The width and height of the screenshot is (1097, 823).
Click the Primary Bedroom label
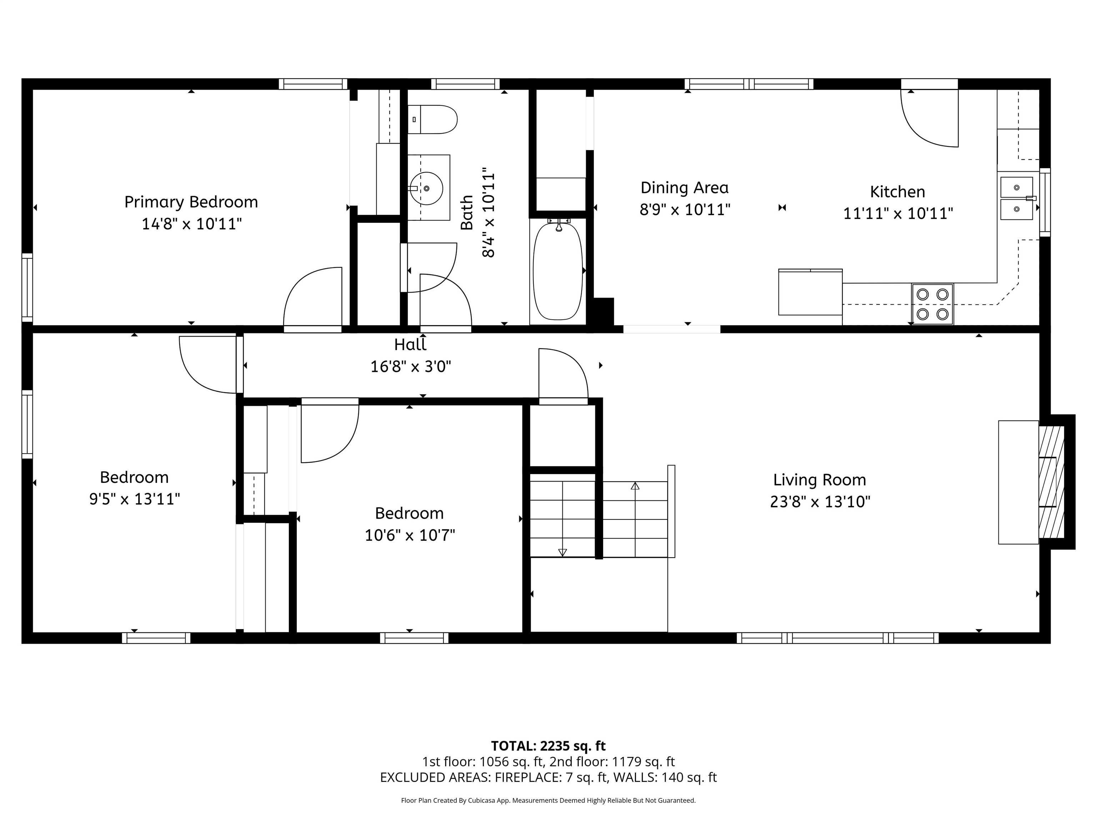click(x=191, y=202)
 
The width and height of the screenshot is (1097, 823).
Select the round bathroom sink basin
click(x=426, y=189)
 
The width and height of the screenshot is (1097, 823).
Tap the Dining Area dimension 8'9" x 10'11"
click(x=685, y=210)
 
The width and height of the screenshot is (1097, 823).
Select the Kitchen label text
click(x=898, y=191)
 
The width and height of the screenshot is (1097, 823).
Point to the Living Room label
click(x=819, y=480)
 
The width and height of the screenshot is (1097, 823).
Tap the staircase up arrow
click(x=635, y=486)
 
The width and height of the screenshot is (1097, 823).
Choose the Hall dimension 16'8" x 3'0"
click(x=411, y=366)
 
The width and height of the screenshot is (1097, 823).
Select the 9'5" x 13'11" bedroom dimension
click(x=134, y=499)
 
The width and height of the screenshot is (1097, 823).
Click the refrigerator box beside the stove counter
click(x=810, y=292)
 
